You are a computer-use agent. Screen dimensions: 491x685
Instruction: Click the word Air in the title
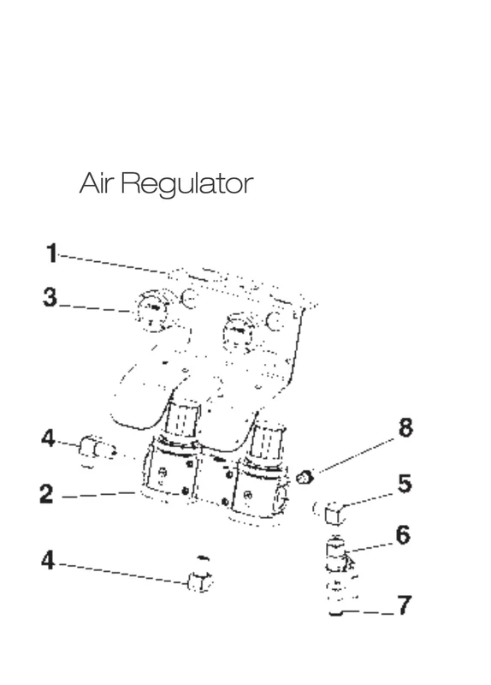click(x=97, y=182)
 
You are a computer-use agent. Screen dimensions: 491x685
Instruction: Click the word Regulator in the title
click(x=186, y=184)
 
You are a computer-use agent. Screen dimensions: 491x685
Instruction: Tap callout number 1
click(x=52, y=253)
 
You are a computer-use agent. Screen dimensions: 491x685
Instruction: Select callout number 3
click(x=50, y=297)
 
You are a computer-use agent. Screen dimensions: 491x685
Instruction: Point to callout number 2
click(x=46, y=494)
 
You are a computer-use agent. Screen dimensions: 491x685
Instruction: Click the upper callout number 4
click(x=48, y=438)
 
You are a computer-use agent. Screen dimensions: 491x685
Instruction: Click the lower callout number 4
click(x=48, y=560)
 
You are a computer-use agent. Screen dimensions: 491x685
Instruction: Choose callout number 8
click(x=405, y=426)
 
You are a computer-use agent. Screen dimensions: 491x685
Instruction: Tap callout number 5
click(x=405, y=484)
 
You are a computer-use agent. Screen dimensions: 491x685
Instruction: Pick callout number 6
click(x=403, y=534)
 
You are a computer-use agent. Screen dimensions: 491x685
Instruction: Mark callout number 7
click(x=404, y=605)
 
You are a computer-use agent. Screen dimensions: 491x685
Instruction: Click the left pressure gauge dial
click(x=154, y=311)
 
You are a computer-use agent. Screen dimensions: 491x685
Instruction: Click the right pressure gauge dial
click(x=239, y=333)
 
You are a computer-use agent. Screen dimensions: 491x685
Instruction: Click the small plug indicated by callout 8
click(x=305, y=477)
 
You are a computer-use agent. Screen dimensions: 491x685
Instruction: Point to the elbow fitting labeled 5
click(x=332, y=512)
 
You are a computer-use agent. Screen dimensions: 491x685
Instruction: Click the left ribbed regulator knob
click(x=182, y=420)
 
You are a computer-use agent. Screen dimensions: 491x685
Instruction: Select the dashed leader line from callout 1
click(x=115, y=264)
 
